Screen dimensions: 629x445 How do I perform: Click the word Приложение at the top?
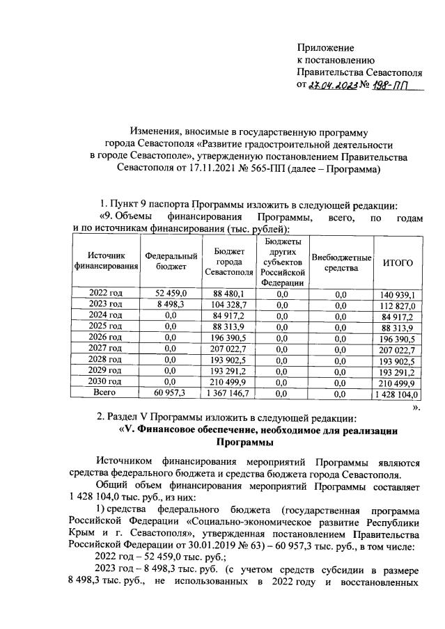pyautogui.click(x=325, y=48)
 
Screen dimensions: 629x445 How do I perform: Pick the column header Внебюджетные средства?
pyautogui.click(x=341, y=262)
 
